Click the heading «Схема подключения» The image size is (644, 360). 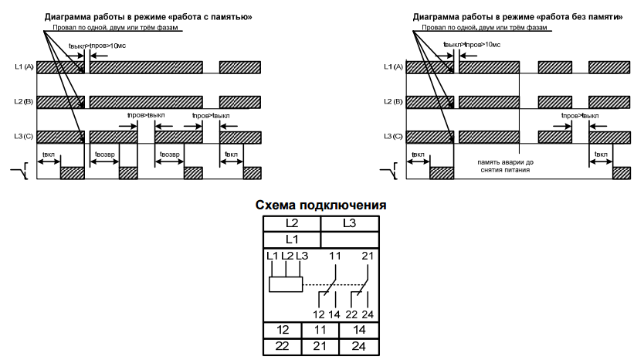[321, 206]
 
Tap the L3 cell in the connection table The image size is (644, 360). [349, 223]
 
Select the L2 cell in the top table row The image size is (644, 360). [291, 223]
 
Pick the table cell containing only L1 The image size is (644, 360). [291, 239]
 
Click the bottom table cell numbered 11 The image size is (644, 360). [320, 331]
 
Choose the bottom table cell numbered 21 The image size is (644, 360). [320, 347]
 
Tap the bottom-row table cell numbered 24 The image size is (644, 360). [359, 347]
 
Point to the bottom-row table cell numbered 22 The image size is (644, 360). [283, 347]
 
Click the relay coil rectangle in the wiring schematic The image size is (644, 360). [285, 284]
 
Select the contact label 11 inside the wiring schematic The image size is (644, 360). [335, 256]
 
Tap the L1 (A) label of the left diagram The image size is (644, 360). [24, 67]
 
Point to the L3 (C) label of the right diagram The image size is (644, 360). [393, 137]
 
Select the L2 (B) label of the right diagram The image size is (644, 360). [393, 102]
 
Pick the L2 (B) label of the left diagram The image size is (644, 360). [24, 102]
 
